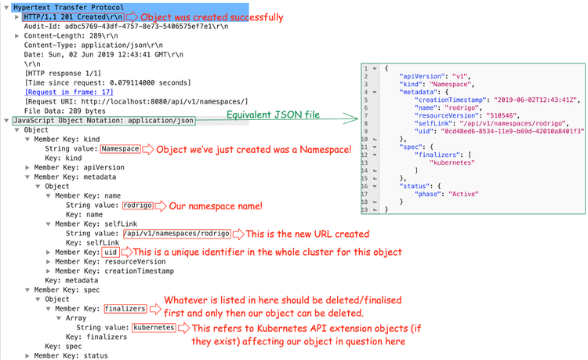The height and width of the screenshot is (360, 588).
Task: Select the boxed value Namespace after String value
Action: pyautogui.click(x=121, y=149)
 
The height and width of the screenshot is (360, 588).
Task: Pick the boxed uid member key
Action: pyautogui.click(x=110, y=252)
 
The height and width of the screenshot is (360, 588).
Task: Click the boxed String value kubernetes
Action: pyautogui.click(x=154, y=328)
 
